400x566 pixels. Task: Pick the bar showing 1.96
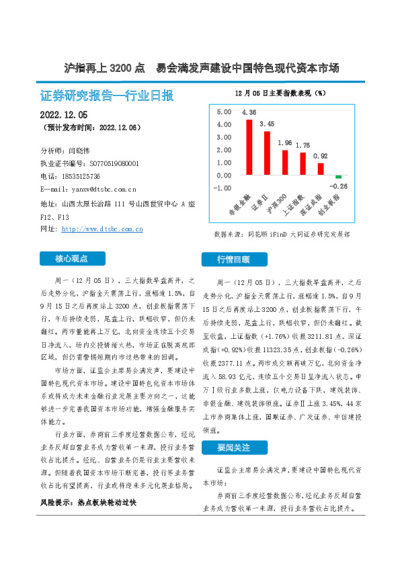[285, 163]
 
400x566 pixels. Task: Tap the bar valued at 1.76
[303, 164]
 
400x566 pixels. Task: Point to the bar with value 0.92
[321, 169]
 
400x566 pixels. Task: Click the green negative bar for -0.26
[339, 177]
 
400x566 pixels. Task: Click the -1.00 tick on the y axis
[222, 188]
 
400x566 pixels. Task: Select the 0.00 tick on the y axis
[223, 175]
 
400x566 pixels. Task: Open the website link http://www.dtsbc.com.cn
[102, 229]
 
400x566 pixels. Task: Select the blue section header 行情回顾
[234, 259]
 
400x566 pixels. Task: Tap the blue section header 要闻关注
[234, 446]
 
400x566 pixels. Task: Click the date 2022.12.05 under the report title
[69, 115]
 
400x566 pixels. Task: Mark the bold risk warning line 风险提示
[88, 502]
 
